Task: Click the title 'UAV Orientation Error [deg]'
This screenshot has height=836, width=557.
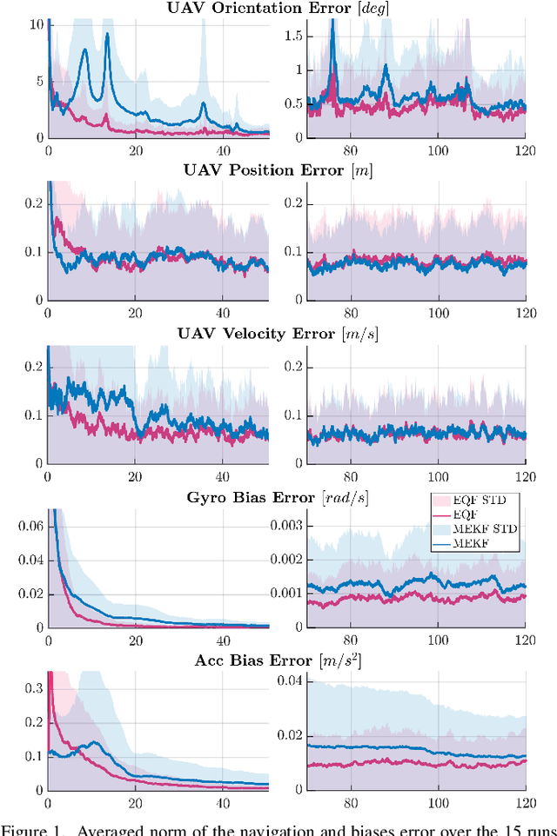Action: [286, 9]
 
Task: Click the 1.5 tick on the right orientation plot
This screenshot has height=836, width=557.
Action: [292, 36]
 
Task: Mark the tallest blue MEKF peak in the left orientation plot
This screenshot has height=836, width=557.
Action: [107, 35]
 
